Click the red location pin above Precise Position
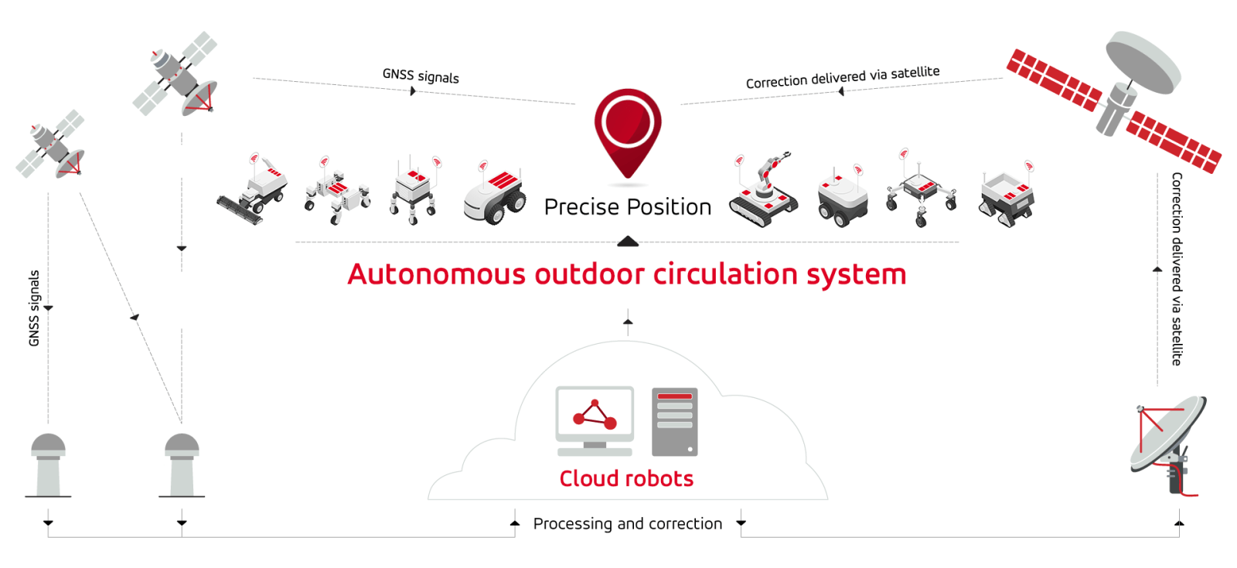click(x=628, y=132)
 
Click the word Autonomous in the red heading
click(x=436, y=274)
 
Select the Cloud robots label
click(x=626, y=478)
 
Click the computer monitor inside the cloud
click(x=595, y=420)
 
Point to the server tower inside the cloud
click(x=675, y=422)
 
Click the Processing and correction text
click(x=628, y=523)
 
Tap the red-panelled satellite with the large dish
click(x=1113, y=100)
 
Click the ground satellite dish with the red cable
click(x=1169, y=445)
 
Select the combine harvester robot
click(x=252, y=190)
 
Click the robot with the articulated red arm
click(x=764, y=190)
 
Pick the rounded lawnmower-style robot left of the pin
click(x=495, y=194)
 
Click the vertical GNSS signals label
click(x=34, y=308)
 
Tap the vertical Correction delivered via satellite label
click(x=1177, y=269)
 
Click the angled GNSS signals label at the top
click(x=421, y=76)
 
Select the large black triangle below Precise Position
click(x=628, y=241)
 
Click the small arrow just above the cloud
click(x=628, y=321)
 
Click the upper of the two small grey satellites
click(x=175, y=74)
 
